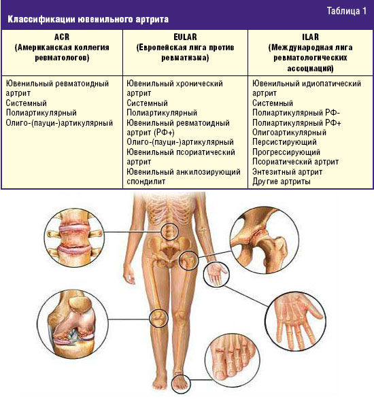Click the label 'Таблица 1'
coord(347,11)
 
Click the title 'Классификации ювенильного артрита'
coord(88,19)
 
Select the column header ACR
coord(62,37)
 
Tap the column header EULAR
coord(185,37)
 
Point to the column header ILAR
coord(310,37)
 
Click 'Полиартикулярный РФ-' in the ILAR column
coord(296,113)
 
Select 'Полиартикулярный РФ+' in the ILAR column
coord(296,123)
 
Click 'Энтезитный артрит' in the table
coord(288,172)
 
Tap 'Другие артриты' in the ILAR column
coord(282,181)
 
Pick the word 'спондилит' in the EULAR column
coord(146,181)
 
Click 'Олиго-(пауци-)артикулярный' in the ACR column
coord(59,123)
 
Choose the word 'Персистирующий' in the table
coord(284,142)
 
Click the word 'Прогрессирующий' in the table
coord(286,152)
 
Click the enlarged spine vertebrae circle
coord(74,237)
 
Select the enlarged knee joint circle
coord(72,323)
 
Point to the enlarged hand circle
coord(296,322)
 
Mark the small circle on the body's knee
coord(158,318)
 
